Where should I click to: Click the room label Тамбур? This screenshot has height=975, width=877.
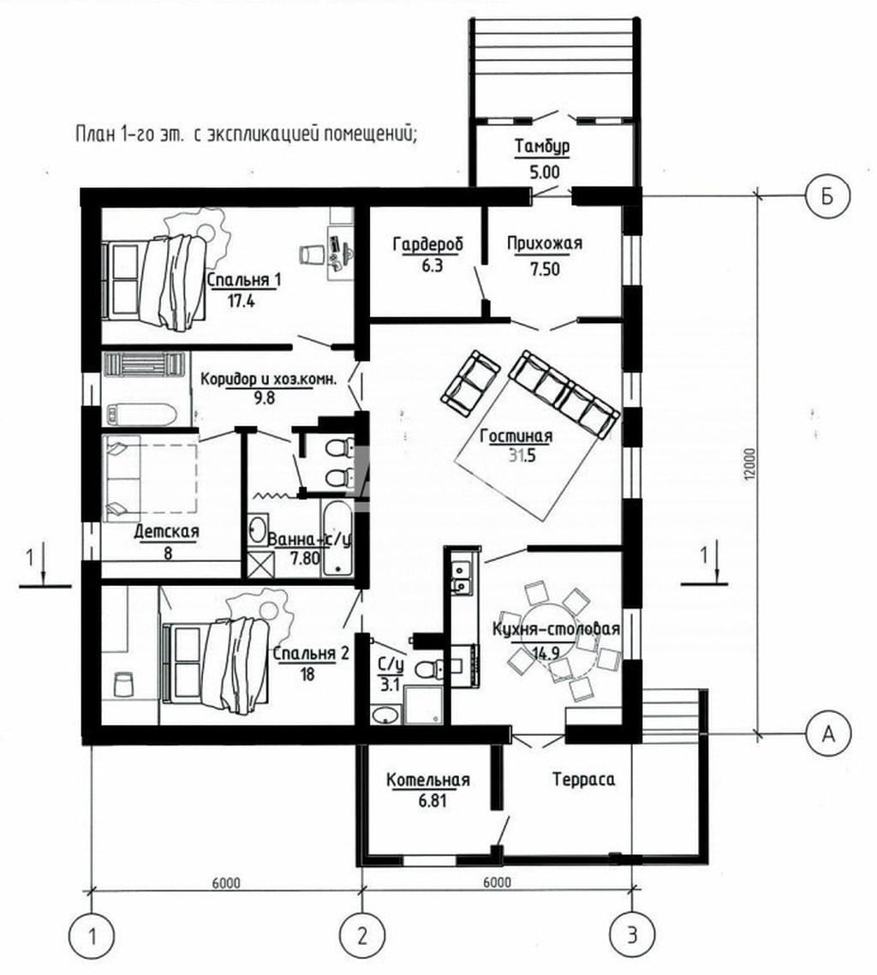point(542,147)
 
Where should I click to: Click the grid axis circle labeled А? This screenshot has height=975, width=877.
point(828,734)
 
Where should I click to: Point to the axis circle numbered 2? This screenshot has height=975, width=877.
point(362,936)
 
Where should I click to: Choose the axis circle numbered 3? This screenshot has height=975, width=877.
point(632,936)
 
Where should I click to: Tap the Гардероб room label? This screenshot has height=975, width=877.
point(427,244)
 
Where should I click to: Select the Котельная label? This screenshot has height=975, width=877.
point(428,780)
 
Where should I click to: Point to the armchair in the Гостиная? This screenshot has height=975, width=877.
point(470,383)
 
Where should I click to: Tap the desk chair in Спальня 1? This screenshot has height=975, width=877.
point(312,254)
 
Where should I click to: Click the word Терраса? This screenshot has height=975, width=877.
point(584,779)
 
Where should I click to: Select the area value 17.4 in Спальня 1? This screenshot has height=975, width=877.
point(242,302)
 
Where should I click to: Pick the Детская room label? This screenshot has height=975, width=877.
point(166,532)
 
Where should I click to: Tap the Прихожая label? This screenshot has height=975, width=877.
point(545,243)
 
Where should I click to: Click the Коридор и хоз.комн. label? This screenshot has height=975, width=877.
point(269,380)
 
